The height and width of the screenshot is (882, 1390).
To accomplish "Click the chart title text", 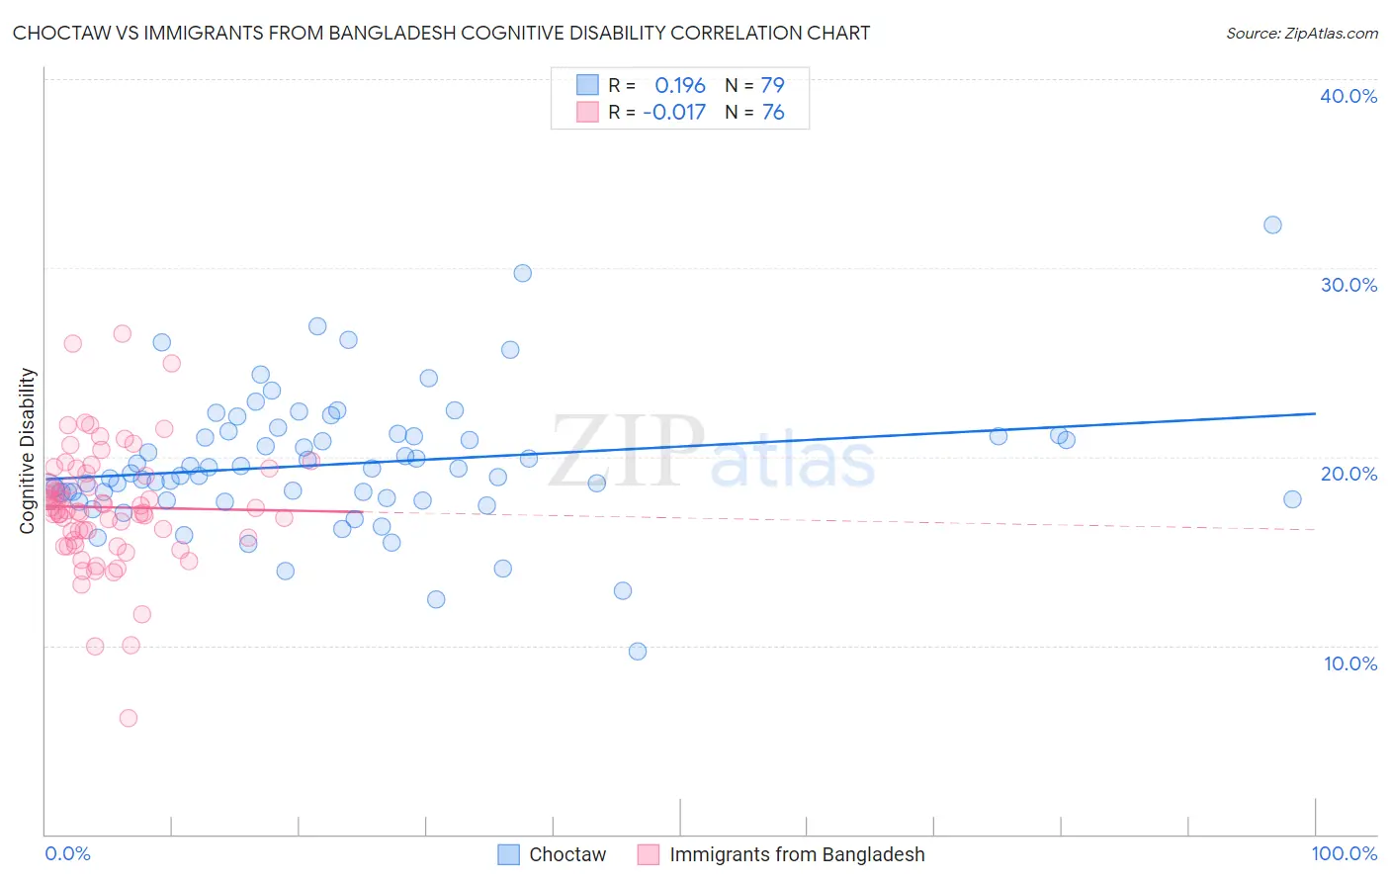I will (441, 33).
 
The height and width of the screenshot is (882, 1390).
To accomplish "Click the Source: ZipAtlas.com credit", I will (1301, 33).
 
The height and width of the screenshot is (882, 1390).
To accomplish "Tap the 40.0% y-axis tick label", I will (1348, 96).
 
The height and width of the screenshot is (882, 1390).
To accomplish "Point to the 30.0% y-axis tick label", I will (1348, 285).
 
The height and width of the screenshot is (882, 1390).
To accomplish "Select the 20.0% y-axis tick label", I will (1348, 474).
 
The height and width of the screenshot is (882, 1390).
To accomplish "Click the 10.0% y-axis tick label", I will (1349, 663).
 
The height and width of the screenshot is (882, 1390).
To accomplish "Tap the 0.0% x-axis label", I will (67, 853).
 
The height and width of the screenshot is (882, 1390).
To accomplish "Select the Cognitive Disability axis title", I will (28, 451).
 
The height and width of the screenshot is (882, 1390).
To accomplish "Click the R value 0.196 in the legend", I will (680, 85).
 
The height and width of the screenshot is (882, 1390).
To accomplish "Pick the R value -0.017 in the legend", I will (674, 112).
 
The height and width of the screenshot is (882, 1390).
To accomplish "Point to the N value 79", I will (772, 85).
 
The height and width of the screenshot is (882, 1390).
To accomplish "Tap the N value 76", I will (772, 112).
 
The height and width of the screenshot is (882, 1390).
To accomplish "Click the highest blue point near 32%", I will (1272, 224).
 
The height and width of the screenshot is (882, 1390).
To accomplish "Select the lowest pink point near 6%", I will (129, 718).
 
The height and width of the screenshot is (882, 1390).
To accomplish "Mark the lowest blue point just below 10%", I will (638, 651).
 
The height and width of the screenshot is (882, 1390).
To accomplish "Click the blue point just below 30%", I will (523, 273).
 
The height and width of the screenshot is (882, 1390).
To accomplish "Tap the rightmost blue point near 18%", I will (1292, 499).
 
